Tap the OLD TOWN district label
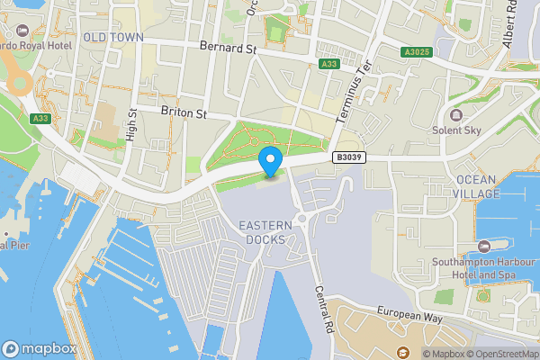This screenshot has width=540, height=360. pyautogui.click(x=113, y=37)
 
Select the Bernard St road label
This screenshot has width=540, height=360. pyautogui.click(x=228, y=45)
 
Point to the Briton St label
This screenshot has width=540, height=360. pyautogui.click(x=184, y=114)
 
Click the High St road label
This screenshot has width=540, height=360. pyautogui.click(x=131, y=125)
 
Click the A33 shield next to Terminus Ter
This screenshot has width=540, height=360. pyautogui.click(x=329, y=64)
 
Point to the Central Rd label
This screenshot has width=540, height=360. pyautogui.click(x=325, y=307)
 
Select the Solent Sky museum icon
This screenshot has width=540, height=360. pyautogui.click(x=455, y=114)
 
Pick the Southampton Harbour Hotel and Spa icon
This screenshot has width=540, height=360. pyautogui.click(x=485, y=247)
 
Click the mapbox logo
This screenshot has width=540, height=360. pyautogui.click(x=39, y=348)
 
